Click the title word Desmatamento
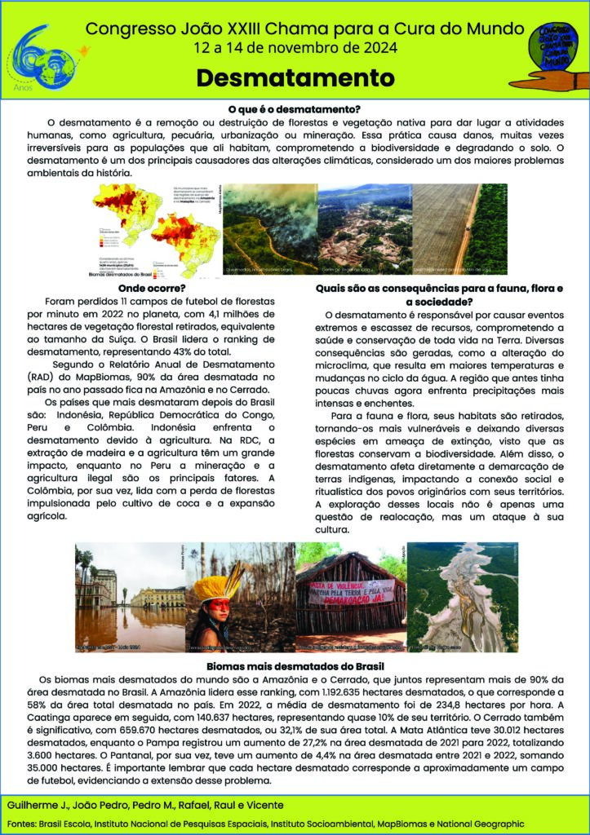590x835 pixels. tap(295, 78)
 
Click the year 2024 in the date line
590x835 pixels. tap(375, 48)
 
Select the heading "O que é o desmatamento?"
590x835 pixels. tap(295, 108)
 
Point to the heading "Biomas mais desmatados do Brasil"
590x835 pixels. tap(295, 666)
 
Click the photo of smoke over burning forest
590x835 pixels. tap(268, 228)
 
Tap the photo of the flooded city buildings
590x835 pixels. tap(130, 596)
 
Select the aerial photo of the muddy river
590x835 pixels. tap(462, 596)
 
